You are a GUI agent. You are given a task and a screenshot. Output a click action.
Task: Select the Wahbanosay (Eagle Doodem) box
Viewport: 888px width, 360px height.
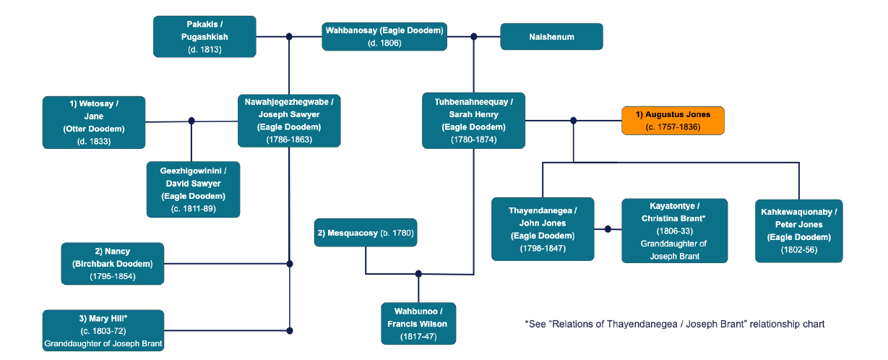coord(384,36)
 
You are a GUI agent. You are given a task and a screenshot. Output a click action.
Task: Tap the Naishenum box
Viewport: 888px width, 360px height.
coord(551,36)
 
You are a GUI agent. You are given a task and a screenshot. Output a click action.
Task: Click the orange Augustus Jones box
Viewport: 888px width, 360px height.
coord(672,121)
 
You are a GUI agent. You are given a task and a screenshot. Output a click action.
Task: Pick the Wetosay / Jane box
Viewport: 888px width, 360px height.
coord(94,122)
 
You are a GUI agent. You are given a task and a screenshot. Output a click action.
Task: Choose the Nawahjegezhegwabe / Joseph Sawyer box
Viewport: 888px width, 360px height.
coord(289,121)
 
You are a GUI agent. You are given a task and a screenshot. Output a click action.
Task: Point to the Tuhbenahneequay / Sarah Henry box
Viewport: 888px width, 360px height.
coord(473,121)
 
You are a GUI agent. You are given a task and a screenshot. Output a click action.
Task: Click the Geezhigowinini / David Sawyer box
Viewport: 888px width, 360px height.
coord(193,189)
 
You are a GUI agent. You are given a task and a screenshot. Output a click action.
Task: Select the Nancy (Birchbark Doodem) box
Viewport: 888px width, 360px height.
coord(112,264)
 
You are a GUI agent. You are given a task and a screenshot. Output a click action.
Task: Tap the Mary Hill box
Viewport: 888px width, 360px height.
coord(103,330)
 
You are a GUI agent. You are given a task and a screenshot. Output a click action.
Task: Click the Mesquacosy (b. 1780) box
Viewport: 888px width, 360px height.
coord(367,233)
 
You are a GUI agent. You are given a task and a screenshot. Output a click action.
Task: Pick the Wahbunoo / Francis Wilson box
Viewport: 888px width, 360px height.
coord(418,323)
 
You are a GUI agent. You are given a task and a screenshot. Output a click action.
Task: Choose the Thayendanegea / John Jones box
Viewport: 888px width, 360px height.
coord(543,229)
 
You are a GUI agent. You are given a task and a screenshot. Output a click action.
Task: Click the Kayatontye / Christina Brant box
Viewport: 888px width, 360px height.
coord(674,231)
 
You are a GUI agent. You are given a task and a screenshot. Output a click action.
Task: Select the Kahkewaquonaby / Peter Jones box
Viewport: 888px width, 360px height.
coord(798,231)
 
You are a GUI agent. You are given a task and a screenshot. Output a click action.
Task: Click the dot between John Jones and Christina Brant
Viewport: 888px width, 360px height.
coord(608,229)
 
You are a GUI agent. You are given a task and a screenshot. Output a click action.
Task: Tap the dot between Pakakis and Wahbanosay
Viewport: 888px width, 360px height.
coord(289,36)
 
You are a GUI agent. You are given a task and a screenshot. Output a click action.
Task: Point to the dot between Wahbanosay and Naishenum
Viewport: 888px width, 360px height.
coord(474,36)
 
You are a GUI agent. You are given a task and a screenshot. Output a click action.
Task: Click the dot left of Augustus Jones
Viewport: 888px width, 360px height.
coord(573,121)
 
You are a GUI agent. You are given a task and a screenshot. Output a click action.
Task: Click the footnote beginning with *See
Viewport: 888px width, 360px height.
coord(674,324)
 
